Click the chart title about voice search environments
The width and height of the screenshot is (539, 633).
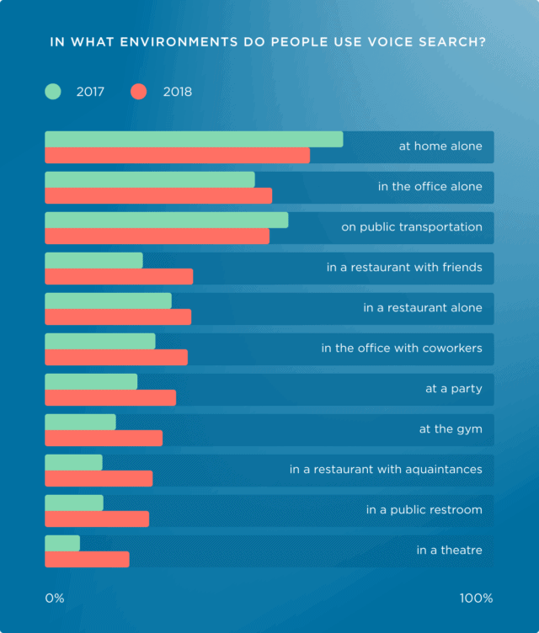pyautogui.click(x=269, y=41)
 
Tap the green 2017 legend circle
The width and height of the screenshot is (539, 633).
pyautogui.click(x=54, y=91)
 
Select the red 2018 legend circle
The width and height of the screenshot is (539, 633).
pyautogui.click(x=140, y=91)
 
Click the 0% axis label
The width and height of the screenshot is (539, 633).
pyautogui.click(x=55, y=598)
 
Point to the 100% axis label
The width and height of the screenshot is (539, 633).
pyautogui.click(x=476, y=598)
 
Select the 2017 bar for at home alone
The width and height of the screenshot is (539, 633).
pyautogui.click(x=194, y=139)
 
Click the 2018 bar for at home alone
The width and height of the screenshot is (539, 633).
pyautogui.click(x=177, y=156)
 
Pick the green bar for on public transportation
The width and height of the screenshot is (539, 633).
pyautogui.click(x=166, y=220)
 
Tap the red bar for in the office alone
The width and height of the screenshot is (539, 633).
pyautogui.click(x=158, y=196)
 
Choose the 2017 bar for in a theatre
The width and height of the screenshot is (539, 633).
pyautogui.click(x=62, y=543)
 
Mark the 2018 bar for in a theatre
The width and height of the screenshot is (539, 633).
pyautogui.click(x=87, y=560)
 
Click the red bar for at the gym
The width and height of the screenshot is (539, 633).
pyautogui.click(x=104, y=439)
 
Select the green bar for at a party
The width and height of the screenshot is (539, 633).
pyautogui.click(x=91, y=381)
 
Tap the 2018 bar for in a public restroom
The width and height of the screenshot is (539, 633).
pyautogui.click(x=97, y=519)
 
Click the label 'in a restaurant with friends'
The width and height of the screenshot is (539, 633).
pyautogui.click(x=404, y=268)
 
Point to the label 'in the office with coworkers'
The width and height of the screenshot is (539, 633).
pyautogui.click(x=402, y=348)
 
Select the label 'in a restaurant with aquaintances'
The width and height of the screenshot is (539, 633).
pyautogui.click(x=386, y=470)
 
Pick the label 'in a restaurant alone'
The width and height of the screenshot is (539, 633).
pyautogui.click(x=423, y=308)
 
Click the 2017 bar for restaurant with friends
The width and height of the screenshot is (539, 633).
pyautogui.click(x=93, y=260)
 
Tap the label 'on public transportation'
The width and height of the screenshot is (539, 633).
pyautogui.click(x=412, y=227)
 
